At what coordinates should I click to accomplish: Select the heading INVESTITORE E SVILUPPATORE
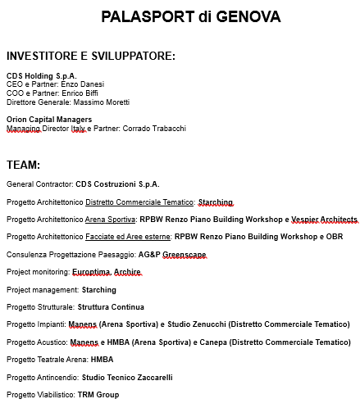pos(91,56)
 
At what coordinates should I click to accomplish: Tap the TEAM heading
pos(24,165)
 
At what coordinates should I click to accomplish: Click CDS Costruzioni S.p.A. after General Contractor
pos(117,184)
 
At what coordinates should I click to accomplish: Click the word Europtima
pos(91,271)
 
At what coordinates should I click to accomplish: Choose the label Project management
pos(42,289)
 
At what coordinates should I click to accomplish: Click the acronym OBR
pos(336,237)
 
